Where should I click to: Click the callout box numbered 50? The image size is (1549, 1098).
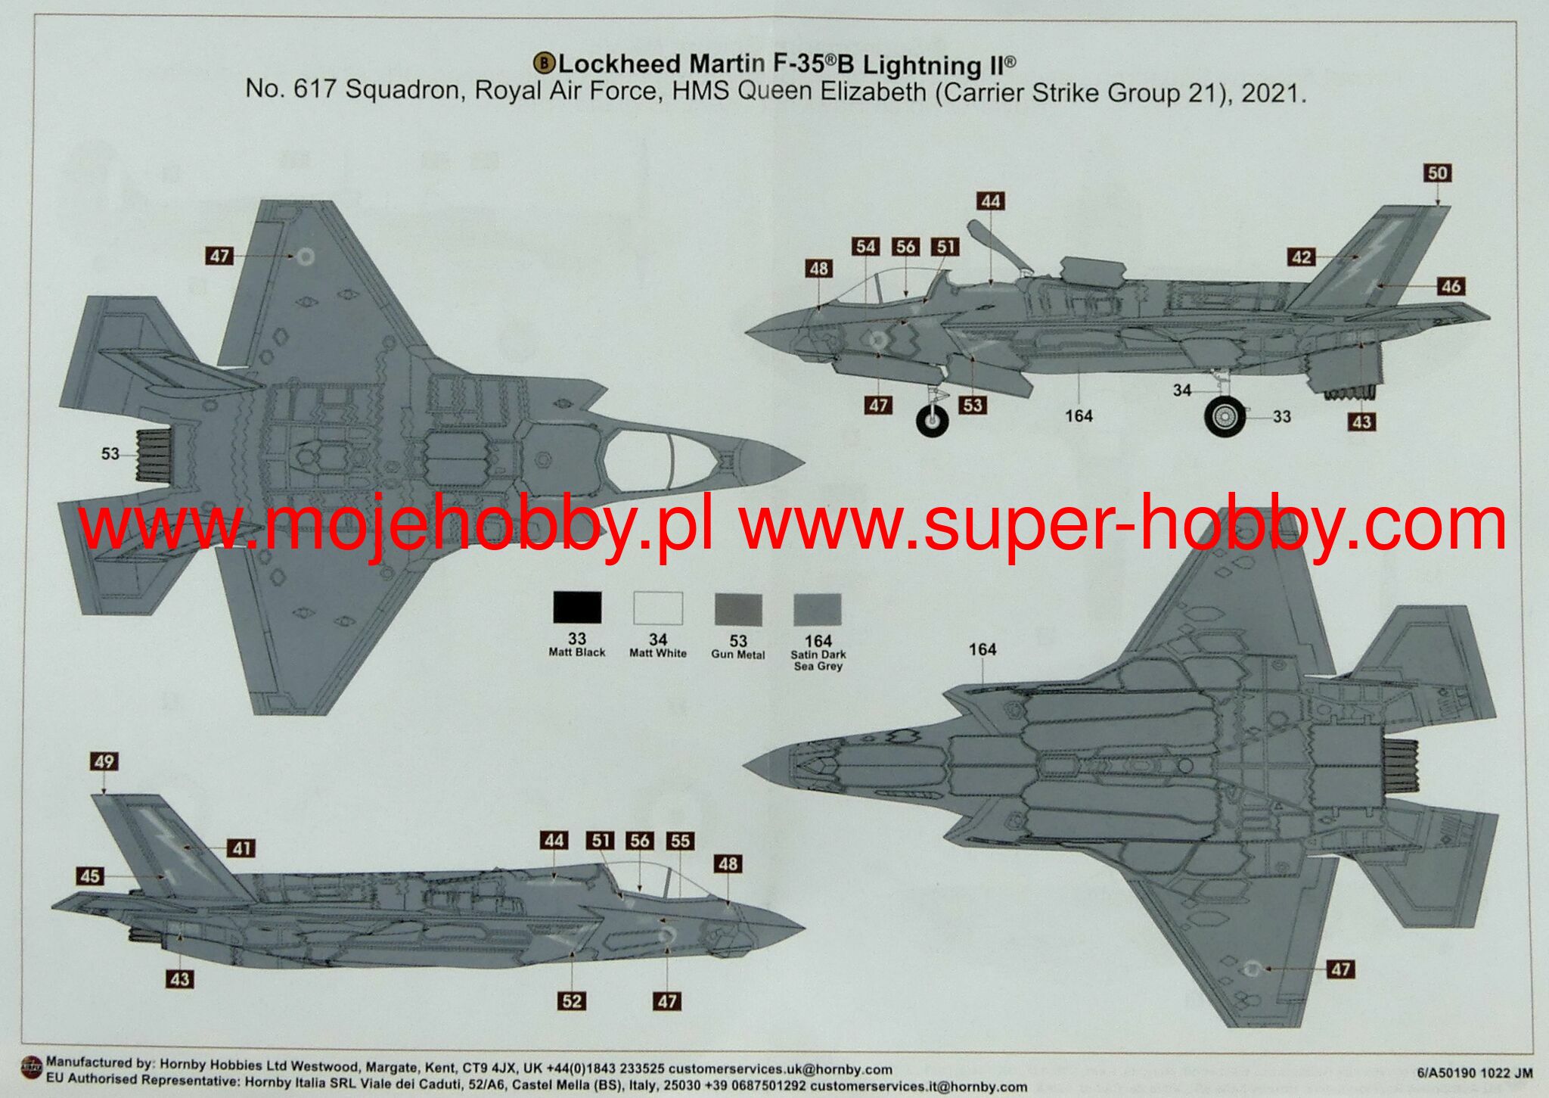pyautogui.click(x=1437, y=173)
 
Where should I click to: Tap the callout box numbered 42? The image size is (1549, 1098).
pyautogui.click(x=1302, y=257)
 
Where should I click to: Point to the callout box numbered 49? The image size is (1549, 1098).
pyautogui.click(x=104, y=761)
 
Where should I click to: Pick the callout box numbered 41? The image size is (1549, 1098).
pyautogui.click(x=241, y=848)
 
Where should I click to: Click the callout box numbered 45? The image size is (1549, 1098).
pyautogui.click(x=89, y=876)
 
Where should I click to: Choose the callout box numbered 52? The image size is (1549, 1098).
pyautogui.click(x=572, y=1001)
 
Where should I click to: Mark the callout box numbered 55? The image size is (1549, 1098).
pyautogui.click(x=680, y=841)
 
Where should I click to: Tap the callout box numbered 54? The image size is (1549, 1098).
pyautogui.click(x=865, y=247)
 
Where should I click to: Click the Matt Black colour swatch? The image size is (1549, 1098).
pyautogui.click(x=577, y=608)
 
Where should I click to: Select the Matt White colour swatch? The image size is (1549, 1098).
pyautogui.click(x=657, y=608)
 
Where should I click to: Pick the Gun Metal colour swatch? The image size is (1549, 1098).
pyautogui.click(x=738, y=609)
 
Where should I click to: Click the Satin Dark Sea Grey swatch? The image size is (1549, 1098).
pyautogui.click(x=818, y=609)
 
